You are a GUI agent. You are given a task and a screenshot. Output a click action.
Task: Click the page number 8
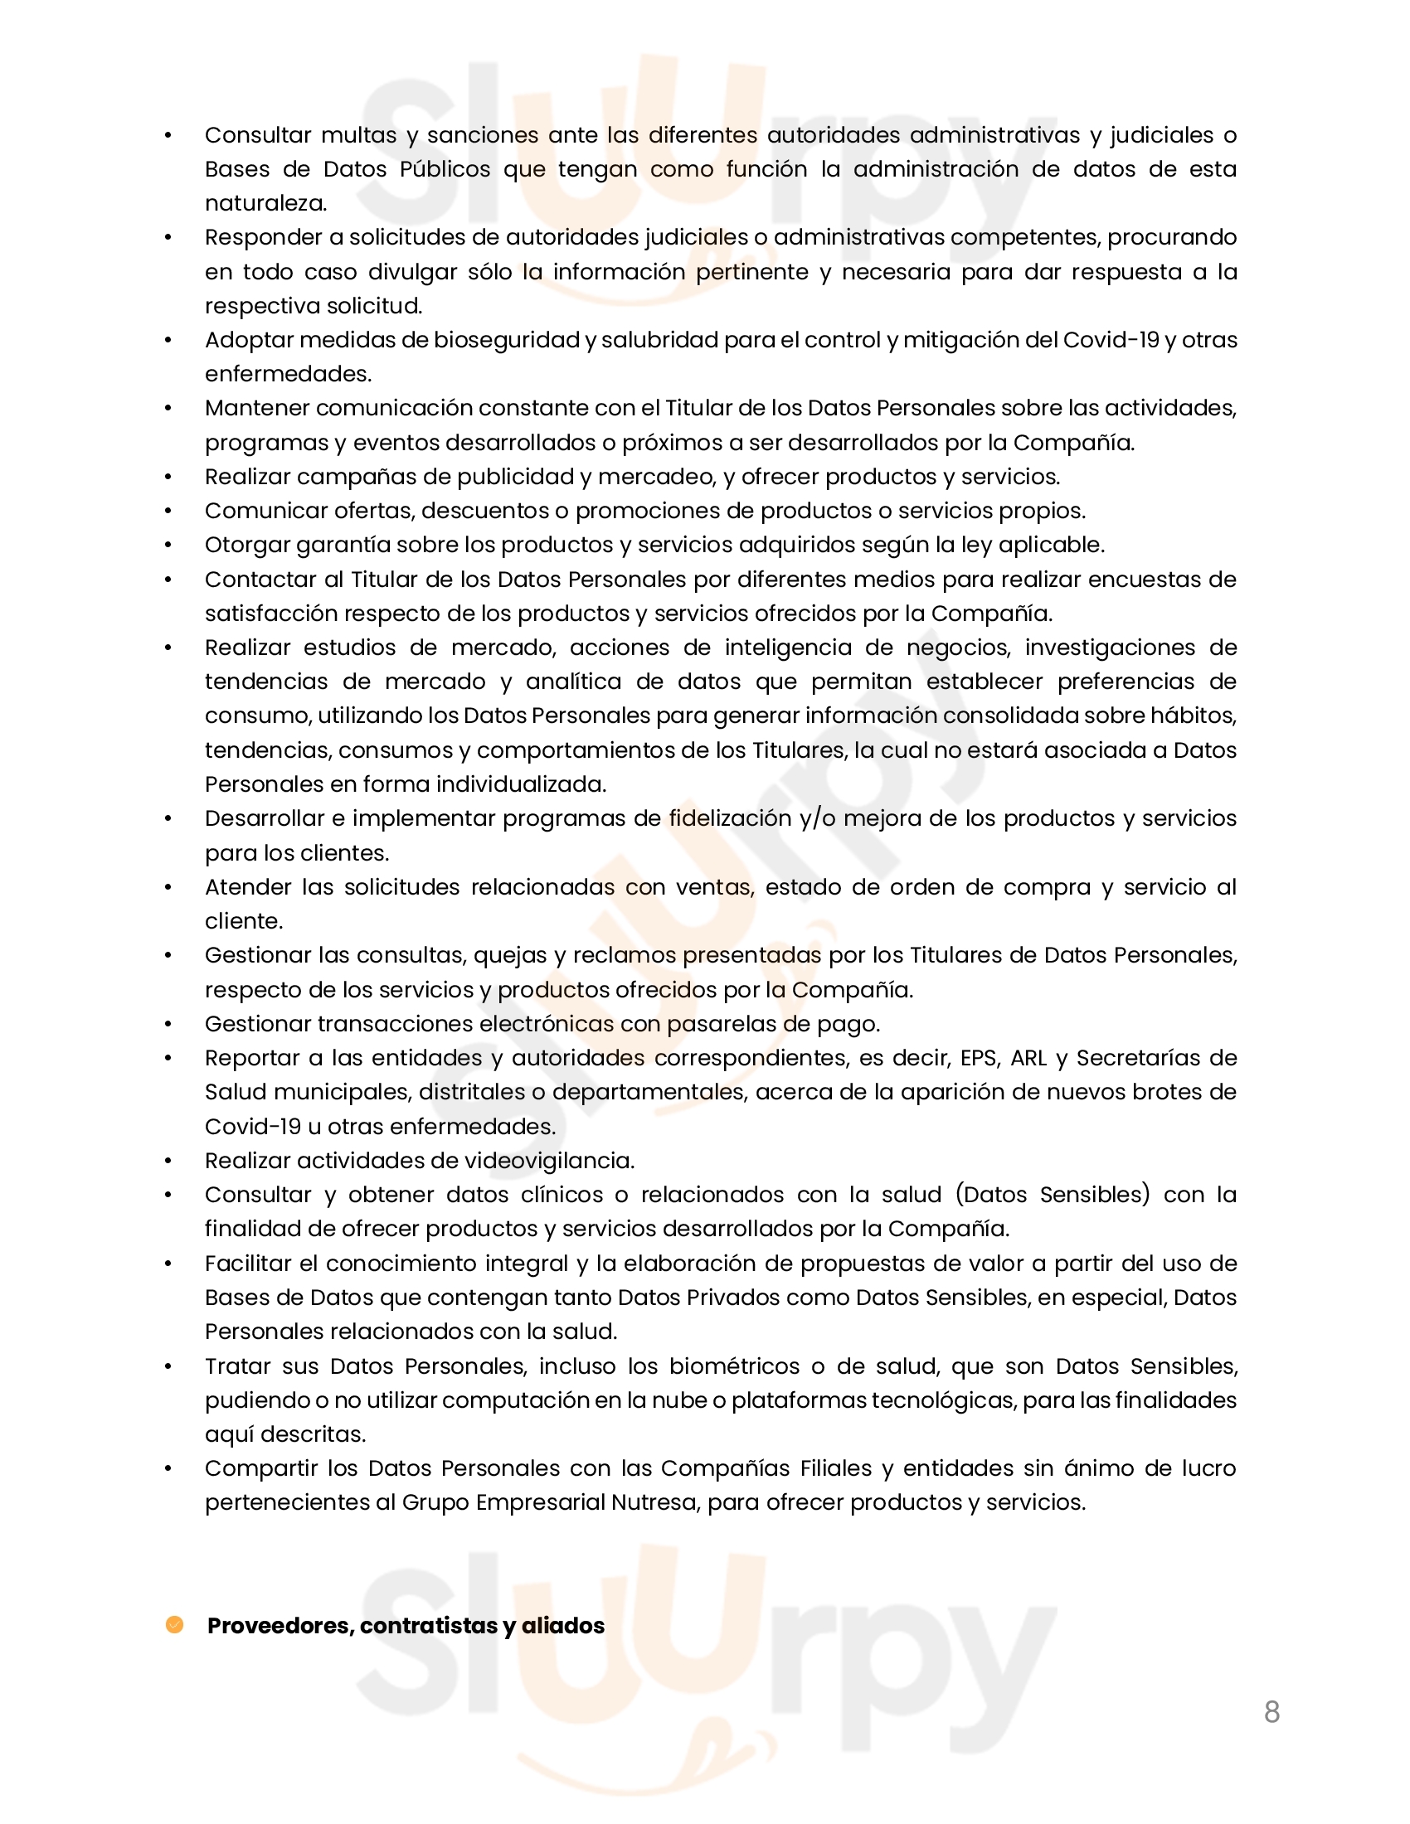1271,1712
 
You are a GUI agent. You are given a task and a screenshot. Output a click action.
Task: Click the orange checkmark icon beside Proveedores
174,1624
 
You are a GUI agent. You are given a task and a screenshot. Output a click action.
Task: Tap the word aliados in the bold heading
563,1625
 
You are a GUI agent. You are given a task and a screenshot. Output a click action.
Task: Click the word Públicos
445,169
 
